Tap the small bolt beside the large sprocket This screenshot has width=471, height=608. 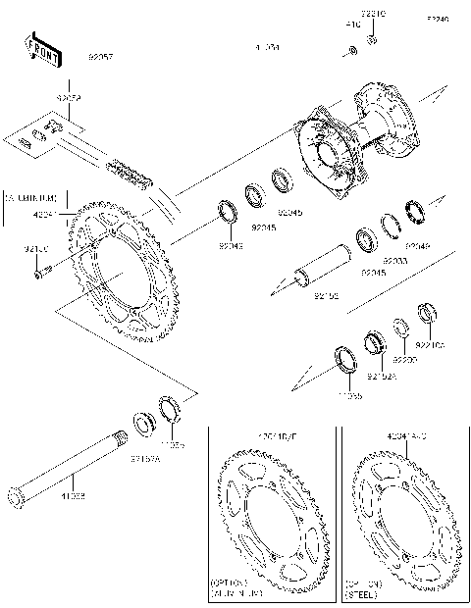point(39,274)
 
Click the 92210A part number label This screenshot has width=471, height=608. point(430,345)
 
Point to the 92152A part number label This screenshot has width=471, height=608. point(381,374)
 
